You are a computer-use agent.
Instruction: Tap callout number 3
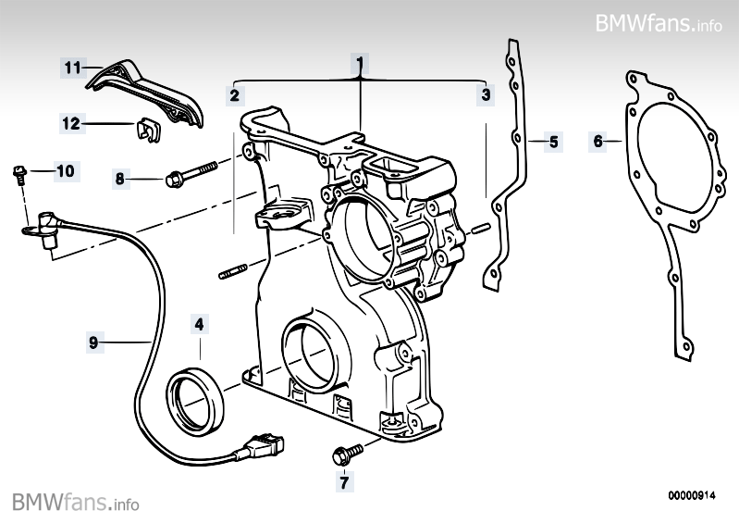point(485,94)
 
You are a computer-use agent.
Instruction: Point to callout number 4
point(199,325)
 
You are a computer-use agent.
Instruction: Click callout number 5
point(553,142)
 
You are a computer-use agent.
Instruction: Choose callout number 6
point(598,142)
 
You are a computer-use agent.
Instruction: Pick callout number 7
point(343,481)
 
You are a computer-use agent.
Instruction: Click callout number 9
point(92,342)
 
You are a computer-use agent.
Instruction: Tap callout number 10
point(65,170)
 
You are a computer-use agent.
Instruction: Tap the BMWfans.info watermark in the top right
point(658,22)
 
